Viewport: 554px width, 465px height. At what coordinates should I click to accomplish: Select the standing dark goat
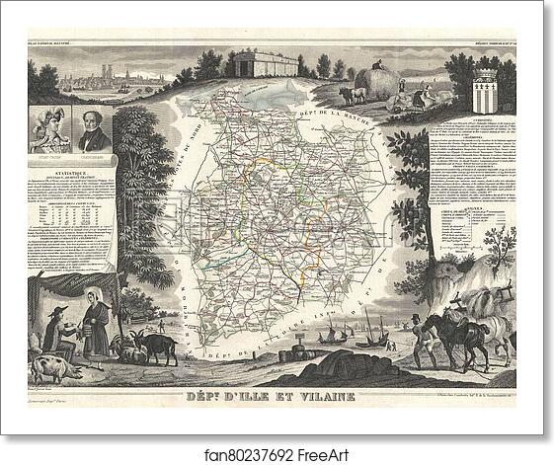pos(154,345)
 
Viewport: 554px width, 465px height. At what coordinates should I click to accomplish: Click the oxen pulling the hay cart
pos(351,94)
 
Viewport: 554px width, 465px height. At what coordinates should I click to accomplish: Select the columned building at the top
pos(265,65)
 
